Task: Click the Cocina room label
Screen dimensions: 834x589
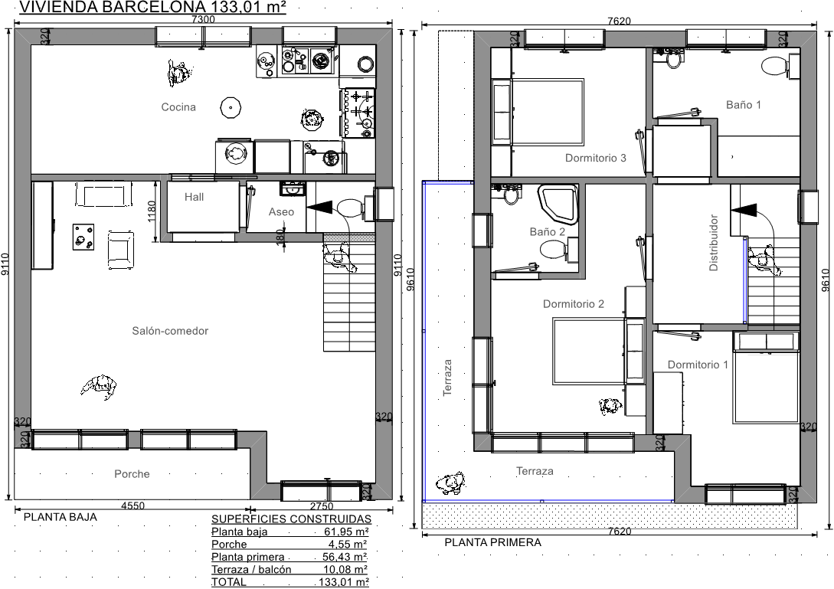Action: coord(178,107)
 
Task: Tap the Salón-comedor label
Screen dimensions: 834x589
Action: coord(170,331)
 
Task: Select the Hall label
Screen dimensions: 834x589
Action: coord(194,197)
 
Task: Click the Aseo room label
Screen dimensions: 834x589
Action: coord(281,211)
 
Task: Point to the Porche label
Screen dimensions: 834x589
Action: coord(132,474)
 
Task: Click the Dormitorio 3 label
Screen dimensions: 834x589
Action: coord(596,158)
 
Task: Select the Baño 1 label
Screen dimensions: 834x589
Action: coord(744,105)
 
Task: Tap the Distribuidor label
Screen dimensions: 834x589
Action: coord(714,243)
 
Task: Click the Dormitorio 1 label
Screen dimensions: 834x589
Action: coord(698,365)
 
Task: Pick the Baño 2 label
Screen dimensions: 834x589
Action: coord(548,231)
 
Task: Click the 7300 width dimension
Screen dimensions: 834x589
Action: coord(203,19)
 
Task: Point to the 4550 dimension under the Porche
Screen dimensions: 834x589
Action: coord(132,506)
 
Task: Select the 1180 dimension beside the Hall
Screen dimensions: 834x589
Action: coord(152,211)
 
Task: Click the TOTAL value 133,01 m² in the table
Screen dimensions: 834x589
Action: coord(344,582)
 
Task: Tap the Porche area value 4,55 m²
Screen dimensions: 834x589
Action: coord(348,545)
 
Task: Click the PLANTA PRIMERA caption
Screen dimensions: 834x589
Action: coord(492,543)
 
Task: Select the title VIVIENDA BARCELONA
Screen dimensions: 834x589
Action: coord(113,7)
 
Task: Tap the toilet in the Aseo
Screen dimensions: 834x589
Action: coord(349,207)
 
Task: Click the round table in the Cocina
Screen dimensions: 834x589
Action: coord(231,107)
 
